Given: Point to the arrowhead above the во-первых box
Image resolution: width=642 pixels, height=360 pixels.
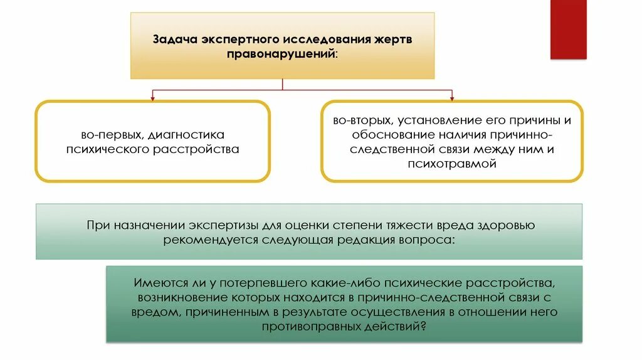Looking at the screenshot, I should tap(153, 97).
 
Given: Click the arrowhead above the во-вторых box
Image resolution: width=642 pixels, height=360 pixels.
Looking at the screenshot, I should tap(451, 97).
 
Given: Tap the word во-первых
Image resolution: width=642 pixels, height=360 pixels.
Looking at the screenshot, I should tap(109, 135).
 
